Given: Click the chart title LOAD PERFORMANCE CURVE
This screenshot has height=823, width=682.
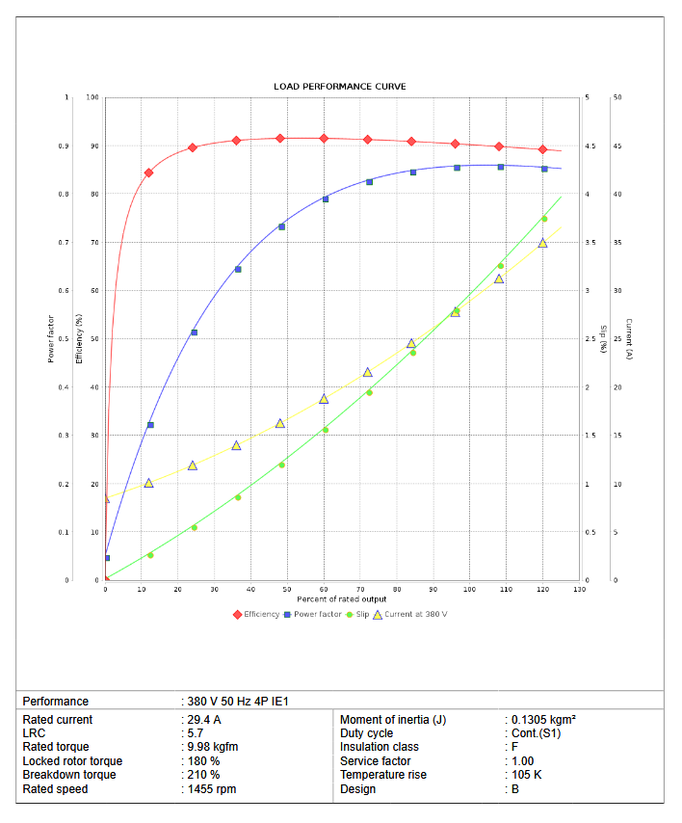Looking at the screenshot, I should click(340, 87).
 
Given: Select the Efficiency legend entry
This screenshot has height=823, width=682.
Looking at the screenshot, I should click(261, 614).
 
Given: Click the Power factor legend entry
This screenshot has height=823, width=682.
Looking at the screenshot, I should click(317, 614).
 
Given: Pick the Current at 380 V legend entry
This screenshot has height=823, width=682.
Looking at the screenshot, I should click(415, 614).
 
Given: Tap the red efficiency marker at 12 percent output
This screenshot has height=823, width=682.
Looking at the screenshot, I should click(149, 173).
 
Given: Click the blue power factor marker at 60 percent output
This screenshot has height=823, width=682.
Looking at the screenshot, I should click(325, 199).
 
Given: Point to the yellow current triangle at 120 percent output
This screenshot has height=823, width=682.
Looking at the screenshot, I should click(542, 243).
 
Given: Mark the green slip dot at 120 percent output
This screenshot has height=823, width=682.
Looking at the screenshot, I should click(544, 219).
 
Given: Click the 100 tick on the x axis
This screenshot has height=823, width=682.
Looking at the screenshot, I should click(469, 589).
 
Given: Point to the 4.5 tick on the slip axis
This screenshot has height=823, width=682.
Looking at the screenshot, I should click(590, 146).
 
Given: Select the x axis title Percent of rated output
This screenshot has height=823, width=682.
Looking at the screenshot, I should click(342, 599).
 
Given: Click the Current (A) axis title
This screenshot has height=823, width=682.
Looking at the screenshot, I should click(628, 338).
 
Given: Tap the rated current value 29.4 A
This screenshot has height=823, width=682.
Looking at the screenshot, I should click(203, 720).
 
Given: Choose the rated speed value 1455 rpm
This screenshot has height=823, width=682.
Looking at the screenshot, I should click(211, 789).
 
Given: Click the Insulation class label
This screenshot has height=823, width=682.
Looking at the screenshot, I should click(380, 747).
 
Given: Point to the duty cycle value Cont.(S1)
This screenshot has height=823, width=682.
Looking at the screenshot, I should click(538, 733).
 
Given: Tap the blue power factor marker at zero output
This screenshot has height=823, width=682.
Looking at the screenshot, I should click(107, 558).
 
